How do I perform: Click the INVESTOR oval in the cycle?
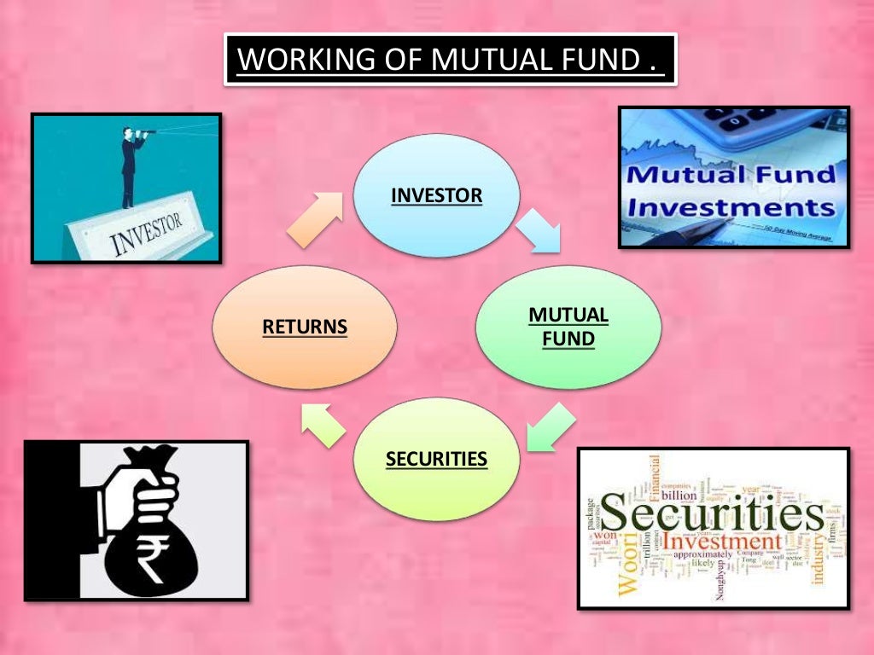point(436,195)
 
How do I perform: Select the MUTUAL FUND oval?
point(568,327)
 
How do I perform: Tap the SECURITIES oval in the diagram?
point(436,459)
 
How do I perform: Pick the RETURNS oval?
point(305,327)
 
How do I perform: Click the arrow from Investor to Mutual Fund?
point(539,231)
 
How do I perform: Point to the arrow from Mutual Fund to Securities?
point(549,426)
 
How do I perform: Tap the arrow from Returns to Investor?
point(314,219)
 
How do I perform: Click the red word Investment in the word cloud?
point(722,542)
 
